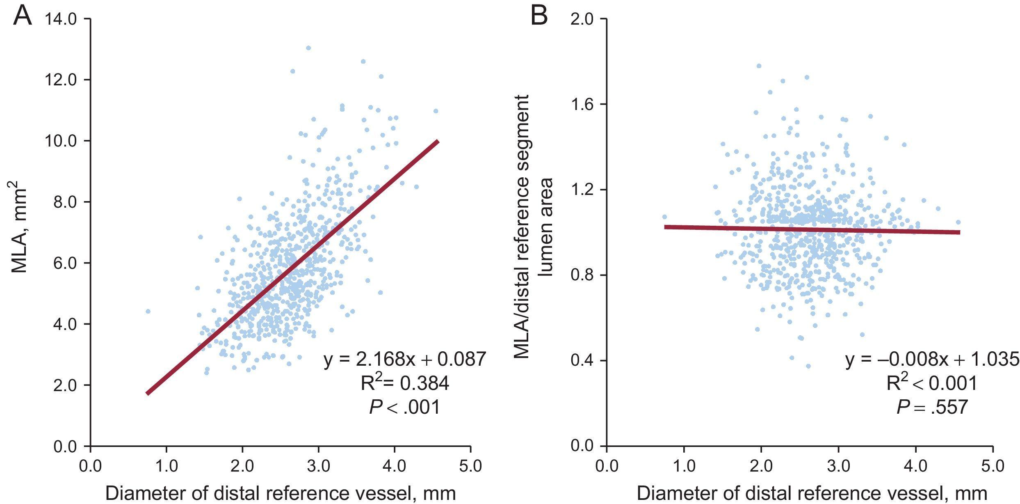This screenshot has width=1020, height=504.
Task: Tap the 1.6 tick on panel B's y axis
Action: [x=582, y=104]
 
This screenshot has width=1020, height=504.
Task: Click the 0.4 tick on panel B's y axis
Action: [x=582, y=360]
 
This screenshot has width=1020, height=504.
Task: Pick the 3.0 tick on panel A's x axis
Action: [x=319, y=466]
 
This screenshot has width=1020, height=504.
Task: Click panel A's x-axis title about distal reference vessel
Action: [x=281, y=493]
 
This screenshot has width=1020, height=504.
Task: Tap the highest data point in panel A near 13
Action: [x=308, y=48]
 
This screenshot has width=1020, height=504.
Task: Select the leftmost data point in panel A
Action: [x=148, y=312]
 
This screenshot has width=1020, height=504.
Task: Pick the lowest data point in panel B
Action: [x=808, y=366]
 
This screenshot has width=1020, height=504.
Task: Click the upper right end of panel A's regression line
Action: [x=437, y=142]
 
